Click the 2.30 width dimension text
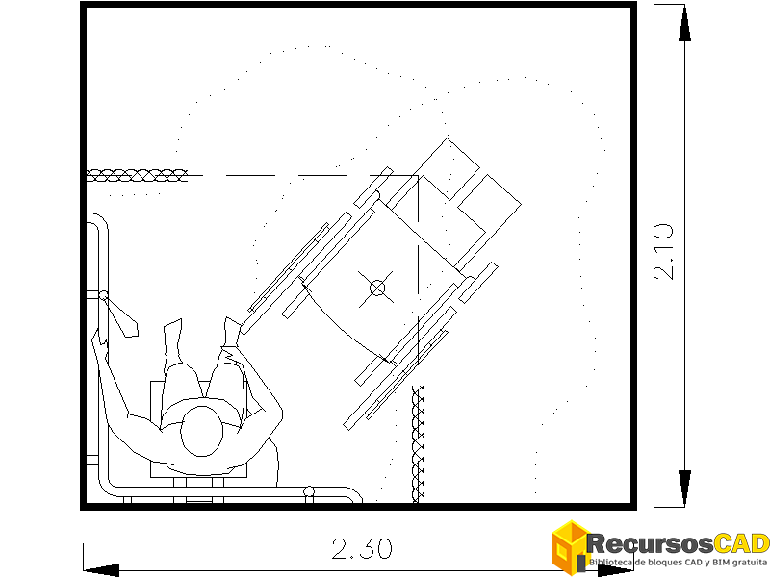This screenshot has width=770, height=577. click(362, 549)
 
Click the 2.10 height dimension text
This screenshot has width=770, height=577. click(663, 251)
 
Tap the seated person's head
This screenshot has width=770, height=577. click(201, 431)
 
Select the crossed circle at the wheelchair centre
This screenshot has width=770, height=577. click(377, 288)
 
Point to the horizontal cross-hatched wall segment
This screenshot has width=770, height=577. click(137, 175)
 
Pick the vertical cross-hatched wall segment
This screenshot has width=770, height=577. click(418, 444)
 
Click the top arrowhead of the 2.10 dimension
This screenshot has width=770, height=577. click(684, 23)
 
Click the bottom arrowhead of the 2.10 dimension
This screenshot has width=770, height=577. click(684, 488)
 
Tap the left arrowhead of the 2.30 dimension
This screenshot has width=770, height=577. click(101, 570)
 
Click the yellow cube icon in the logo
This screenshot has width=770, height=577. click(570, 546)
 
